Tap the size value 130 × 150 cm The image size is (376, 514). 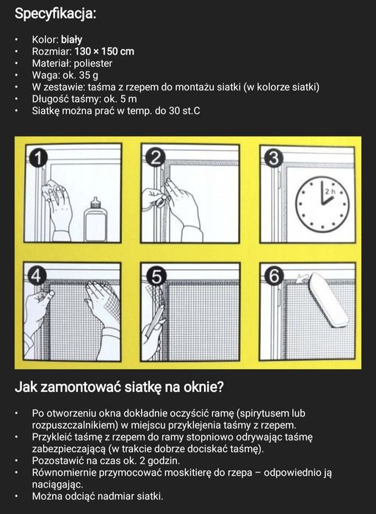104,51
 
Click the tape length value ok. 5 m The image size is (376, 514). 116,99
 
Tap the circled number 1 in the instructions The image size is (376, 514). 37,157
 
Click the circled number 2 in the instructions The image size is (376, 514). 154,157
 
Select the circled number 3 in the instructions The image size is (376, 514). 273,157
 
